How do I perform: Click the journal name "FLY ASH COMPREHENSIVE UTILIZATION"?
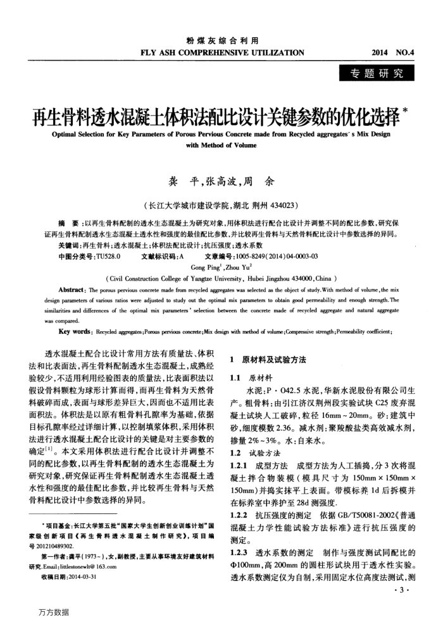221,52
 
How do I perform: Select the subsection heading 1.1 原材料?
251,377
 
